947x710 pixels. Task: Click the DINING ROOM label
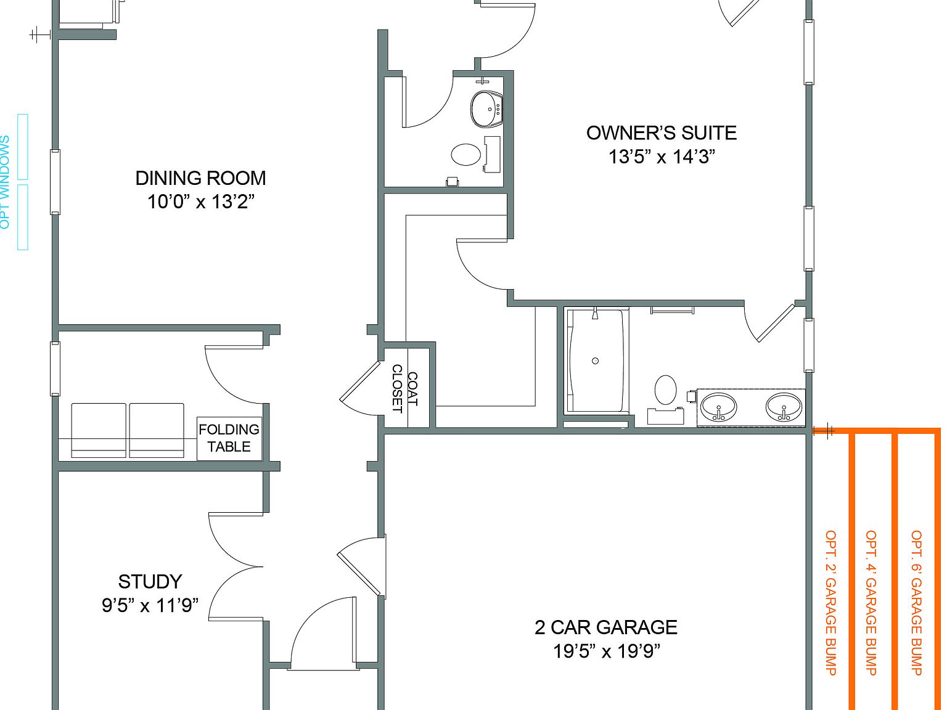pos(200,178)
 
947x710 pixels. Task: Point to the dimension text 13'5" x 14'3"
pos(661,157)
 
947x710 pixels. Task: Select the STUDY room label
pos(150,582)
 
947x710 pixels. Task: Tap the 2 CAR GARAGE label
pos(605,627)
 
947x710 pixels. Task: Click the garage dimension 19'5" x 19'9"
pos(605,651)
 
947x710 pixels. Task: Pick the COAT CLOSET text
pos(404,389)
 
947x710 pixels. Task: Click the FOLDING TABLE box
pos(229,438)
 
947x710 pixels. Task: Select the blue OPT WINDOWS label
pos(6,182)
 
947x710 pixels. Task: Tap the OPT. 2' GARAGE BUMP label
pos(830,603)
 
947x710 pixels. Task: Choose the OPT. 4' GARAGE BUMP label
pos(871,603)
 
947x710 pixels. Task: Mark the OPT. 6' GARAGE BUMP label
pos(916,603)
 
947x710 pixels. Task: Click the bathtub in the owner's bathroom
pos(596,361)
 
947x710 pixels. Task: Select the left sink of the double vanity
pos(718,407)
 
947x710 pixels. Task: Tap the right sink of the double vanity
pos(784,407)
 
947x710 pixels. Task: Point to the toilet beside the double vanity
pos(666,390)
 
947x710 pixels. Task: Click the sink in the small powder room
pos(486,109)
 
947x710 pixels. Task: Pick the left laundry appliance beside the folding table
pos(99,430)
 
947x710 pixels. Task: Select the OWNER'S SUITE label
pos(661,133)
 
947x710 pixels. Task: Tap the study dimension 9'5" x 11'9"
pos(150,605)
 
